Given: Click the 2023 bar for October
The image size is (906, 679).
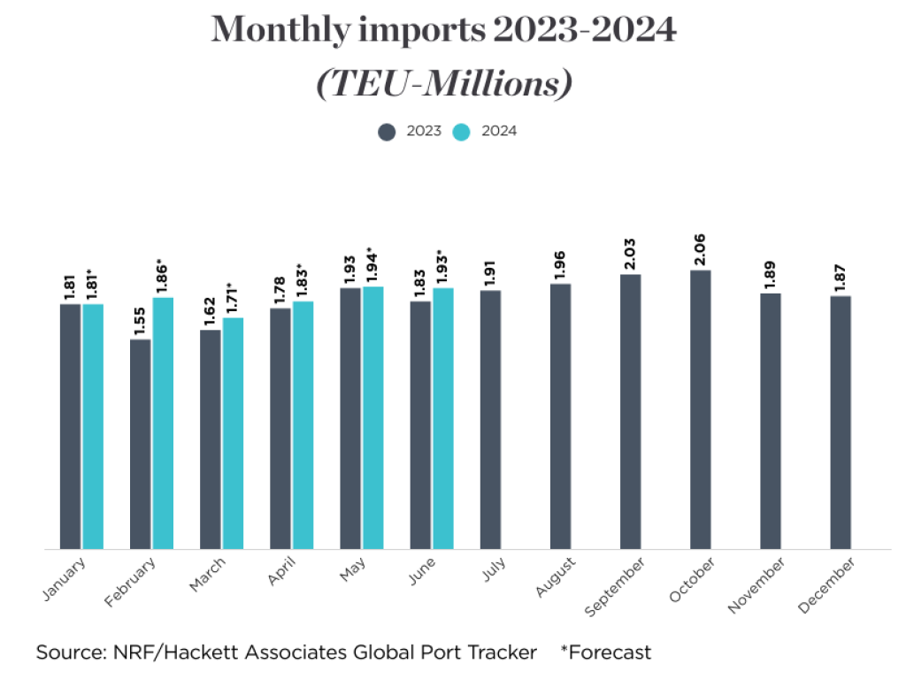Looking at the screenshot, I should pos(700,409).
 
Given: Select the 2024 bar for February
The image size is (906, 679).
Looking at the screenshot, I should pos(163,423).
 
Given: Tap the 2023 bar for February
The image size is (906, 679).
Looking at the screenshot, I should pos(140,444).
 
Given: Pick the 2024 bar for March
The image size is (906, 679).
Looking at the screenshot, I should pos(233,433).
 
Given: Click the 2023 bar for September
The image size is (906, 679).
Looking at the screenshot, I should pos(630,411).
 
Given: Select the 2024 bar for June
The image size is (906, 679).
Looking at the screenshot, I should pos(442,418).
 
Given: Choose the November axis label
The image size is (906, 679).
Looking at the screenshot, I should pos(757,586).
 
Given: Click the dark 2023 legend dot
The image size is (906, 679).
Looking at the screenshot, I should pos(387,132).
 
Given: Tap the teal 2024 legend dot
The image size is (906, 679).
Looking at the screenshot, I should pos(462,132).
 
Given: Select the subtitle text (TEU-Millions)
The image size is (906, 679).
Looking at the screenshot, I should pos(443,84).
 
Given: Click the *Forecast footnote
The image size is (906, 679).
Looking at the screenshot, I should pos(605,653).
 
